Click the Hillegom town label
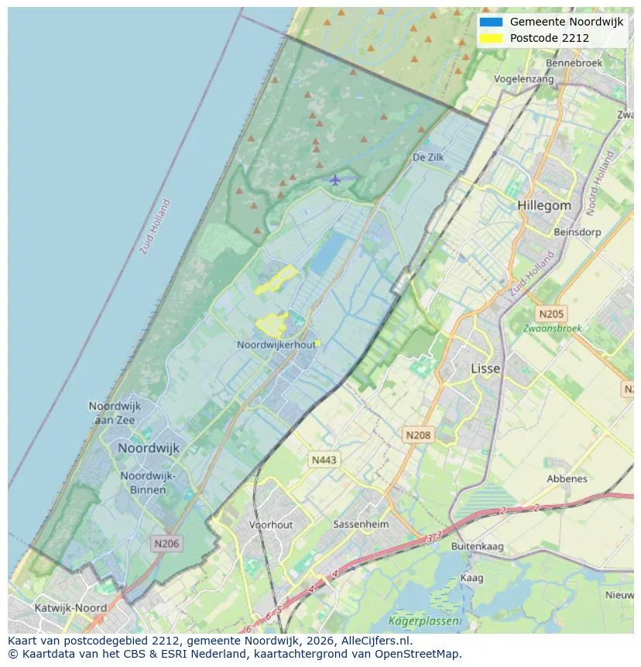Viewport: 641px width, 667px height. (x=544, y=206)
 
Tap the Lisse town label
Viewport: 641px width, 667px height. (x=485, y=369)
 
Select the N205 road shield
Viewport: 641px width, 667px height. (x=551, y=314)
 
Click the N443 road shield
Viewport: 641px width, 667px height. (x=324, y=460)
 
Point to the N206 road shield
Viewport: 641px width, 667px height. (x=166, y=544)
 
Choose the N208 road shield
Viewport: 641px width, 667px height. (x=418, y=435)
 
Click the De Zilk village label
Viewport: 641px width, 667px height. (x=427, y=157)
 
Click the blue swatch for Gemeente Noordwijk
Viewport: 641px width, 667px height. (x=491, y=22)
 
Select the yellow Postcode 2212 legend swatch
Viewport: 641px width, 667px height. (x=491, y=38)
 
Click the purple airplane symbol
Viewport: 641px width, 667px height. (x=334, y=181)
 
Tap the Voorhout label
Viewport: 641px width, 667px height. (x=271, y=524)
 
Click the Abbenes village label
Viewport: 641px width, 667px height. (x=567, y=479)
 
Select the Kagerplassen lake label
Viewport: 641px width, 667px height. (x=423, y=621)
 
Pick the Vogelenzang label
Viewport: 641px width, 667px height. (x=524, y=79)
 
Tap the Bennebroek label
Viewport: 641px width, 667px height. (x=574, y=63)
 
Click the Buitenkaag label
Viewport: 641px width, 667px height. (x=477, y=546)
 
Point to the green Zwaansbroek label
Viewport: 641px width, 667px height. (x=552, y=328)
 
